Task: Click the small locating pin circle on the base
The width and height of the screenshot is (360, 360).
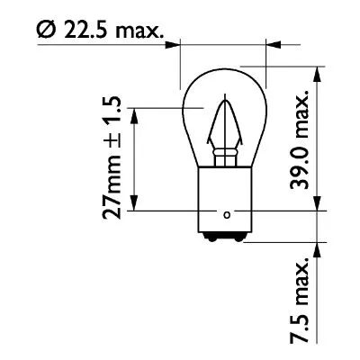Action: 226,213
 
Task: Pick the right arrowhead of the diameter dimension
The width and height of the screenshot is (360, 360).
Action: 264,41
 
